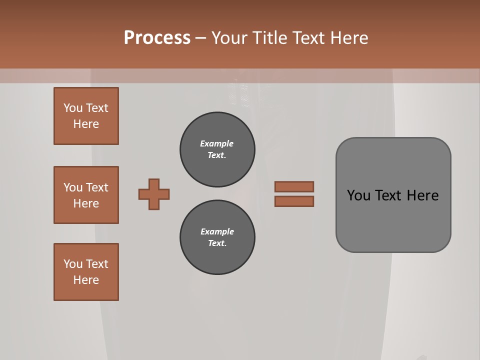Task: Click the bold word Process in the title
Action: pyautogui.click(x=157, y=38)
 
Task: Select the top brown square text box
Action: pyautogui.click(x=86, y=116)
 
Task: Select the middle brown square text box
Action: pyautogui.click(x=86, y=195)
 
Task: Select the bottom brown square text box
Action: pyautogui.click(x=86, y=272)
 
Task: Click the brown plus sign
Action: pyautogui.click(x=154, y=194)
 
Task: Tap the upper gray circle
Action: pyautogui.click(x=217, y=149)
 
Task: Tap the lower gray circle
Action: pyautogui.click(x=217, y=237)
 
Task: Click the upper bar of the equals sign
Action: pyautogui.click(x=294, y=187)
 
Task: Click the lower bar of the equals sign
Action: pyautogui.click(x=294, y=201)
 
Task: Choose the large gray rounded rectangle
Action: pyautogui.click(x=393, y=220)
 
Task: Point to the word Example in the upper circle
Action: pyautogui.click(x=217, y=143)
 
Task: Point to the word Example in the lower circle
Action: pyautogui.click(x=217, y=231)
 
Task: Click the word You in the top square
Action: pyautogui.click(x=72, y=108)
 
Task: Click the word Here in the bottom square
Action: pyautogui.click(x=86, y=280)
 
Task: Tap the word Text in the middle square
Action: pyautogui.click(x=97, y=187)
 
